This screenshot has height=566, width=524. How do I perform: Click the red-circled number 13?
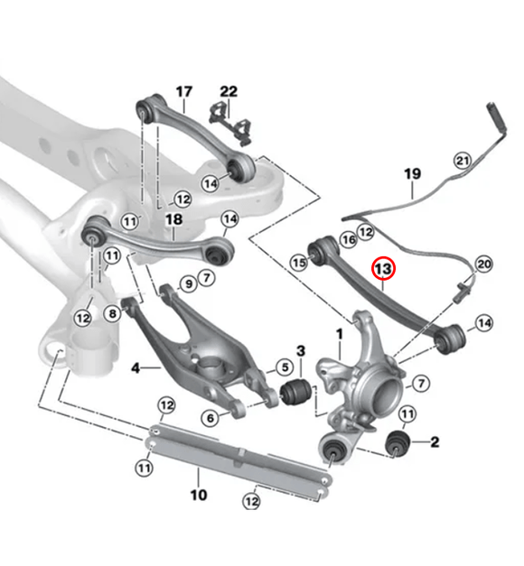coord(383,269)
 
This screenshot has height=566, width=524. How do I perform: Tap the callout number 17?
coord(183,91)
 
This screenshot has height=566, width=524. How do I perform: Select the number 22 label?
coord(229,91)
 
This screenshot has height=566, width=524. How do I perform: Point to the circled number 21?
coord(463,161)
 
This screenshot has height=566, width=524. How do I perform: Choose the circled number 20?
coord(483,264)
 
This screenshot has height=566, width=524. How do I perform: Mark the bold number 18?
coord(174,219)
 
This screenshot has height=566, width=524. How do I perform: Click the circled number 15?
coord(299,262)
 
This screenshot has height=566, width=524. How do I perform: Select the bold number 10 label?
coord(199,495)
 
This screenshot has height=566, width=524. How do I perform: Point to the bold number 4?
coord(135,368)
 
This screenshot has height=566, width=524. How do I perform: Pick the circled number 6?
coord(211,416)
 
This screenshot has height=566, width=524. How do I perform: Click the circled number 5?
coord(284,367)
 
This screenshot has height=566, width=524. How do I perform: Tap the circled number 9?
coord(188,284)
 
